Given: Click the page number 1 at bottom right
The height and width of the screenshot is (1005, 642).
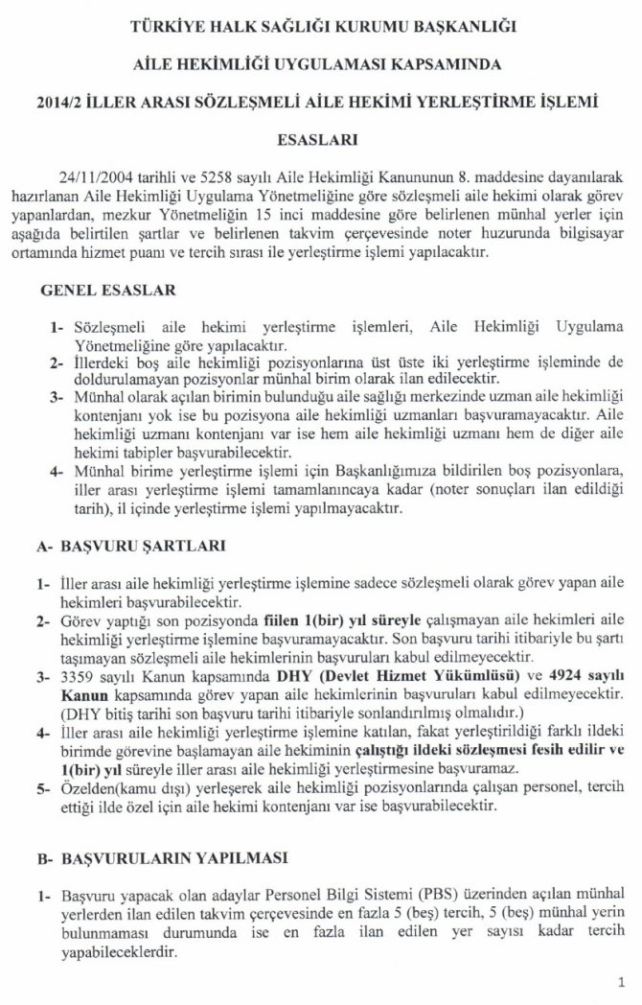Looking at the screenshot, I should pyautogui.click(x=622, y=981).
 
